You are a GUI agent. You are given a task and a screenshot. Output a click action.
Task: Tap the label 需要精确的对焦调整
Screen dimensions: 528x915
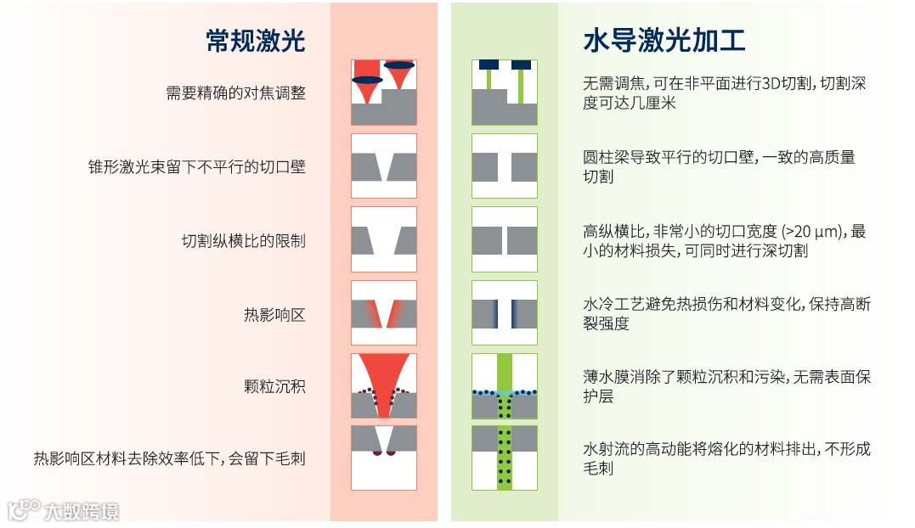(x=235, y=93)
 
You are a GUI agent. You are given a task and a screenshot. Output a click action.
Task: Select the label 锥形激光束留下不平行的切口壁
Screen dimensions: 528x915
(x=197, y=167)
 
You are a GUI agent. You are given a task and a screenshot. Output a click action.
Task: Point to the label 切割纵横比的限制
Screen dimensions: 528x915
(x=243, y=241)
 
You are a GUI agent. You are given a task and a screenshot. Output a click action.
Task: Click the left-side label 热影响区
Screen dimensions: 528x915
(x=274, y=315)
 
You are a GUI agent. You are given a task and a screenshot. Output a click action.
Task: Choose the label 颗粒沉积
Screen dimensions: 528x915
(x=274, y=387)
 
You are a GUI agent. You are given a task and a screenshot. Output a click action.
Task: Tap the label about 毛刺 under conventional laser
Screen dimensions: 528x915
(x=169, y=459)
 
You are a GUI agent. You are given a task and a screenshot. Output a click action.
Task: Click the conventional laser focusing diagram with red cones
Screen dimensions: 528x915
(x=384, y=93)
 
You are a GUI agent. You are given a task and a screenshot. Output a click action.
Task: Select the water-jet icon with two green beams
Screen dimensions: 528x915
(x=505, y=93)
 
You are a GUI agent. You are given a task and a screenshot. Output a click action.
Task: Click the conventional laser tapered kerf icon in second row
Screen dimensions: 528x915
(x=384, y=166)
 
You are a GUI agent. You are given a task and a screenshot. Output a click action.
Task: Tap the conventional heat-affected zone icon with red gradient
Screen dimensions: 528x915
(x=384, y=313)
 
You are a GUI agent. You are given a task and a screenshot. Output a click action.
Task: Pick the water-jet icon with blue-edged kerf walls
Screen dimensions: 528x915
(x=505, y=313)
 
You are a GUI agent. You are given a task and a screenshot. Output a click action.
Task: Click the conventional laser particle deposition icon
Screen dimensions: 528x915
(x=384, y=386)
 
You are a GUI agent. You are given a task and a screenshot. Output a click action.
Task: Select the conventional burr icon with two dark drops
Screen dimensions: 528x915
(x=384, y=458)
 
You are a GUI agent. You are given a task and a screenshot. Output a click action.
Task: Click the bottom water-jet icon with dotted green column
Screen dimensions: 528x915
(x=505, y=458)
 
